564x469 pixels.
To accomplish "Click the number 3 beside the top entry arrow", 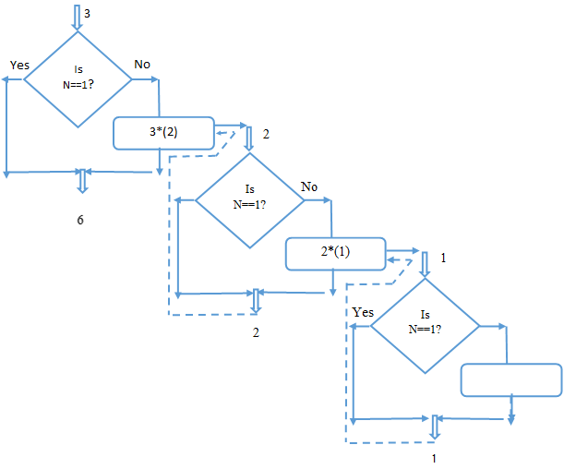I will [x=87, y=14].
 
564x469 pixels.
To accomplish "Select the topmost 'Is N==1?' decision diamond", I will [x=78, y=79].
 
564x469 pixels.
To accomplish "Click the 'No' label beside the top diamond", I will [x=142, y=64].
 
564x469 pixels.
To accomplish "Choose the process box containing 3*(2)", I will [x=163, y=133].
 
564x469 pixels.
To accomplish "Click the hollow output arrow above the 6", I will [x=81, y=179].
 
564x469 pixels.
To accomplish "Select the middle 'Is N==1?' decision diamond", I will [x=249, y=200].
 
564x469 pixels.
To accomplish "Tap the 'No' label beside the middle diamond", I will [x=309, y=186].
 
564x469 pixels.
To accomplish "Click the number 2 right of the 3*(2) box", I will [x=266, y=135].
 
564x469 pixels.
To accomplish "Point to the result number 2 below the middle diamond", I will [x=257, y=332].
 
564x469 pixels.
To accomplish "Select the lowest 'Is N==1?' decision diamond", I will [x=425, y=325].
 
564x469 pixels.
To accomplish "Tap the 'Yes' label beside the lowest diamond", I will [x=363, y=312].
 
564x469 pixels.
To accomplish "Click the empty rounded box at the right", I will [x=510, y=379].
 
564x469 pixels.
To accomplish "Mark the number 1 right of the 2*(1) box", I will [x=444, y=258].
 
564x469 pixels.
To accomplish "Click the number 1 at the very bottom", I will [x=434, y=456].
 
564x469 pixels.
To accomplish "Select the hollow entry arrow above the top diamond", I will [x=77, y=17].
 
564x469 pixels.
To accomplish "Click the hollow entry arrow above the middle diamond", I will [x=249, y=138].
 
